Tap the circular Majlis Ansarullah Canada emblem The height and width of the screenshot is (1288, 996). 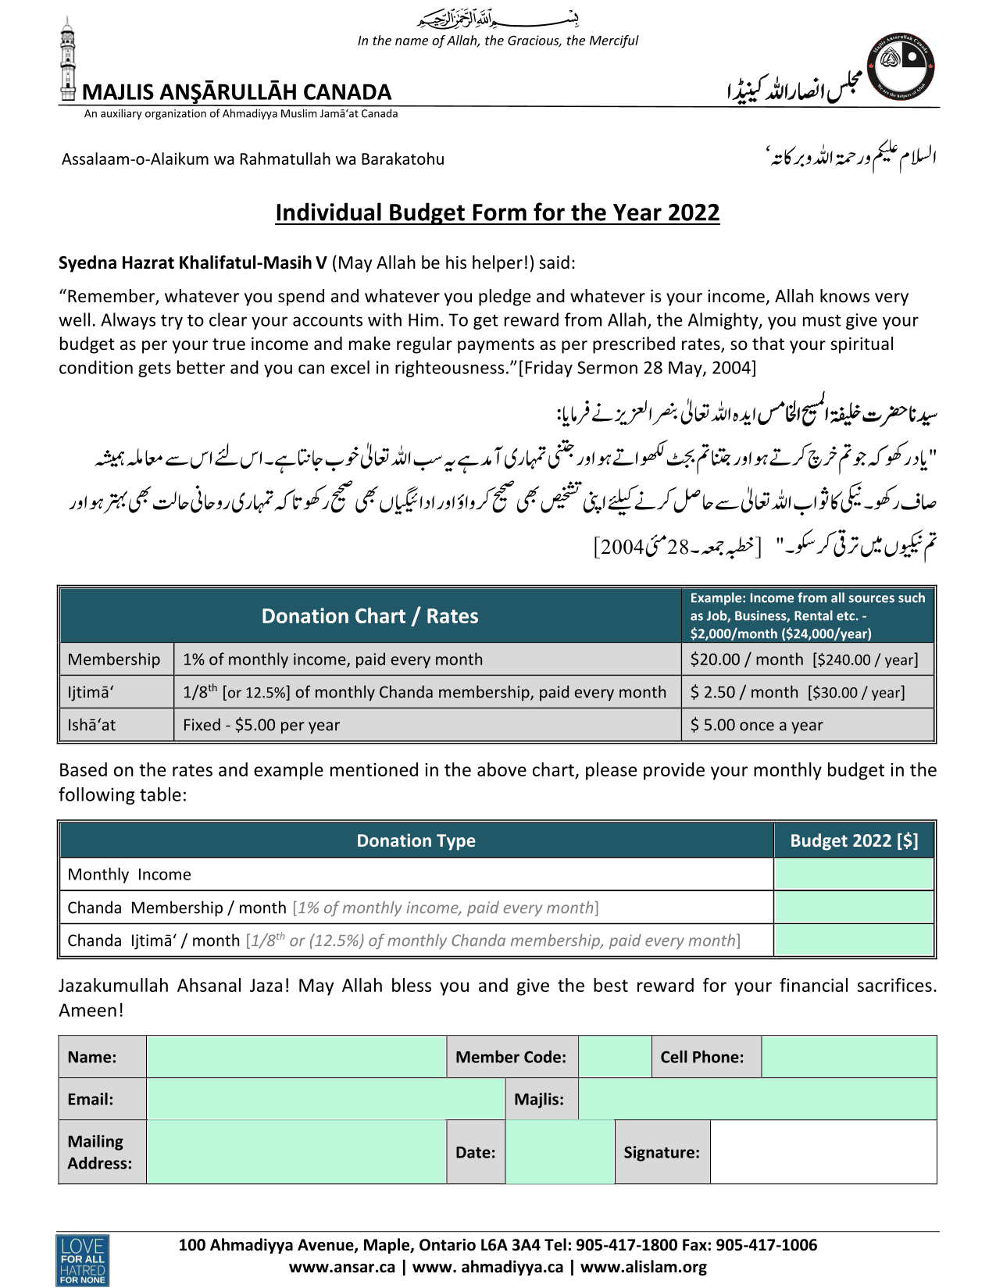point(904,66)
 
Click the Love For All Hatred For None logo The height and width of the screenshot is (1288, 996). point(82,1259)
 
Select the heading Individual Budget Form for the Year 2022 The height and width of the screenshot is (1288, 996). point(497,212)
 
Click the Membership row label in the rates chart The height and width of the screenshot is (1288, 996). point(114,659)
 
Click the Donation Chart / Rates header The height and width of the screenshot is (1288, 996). point(369,616)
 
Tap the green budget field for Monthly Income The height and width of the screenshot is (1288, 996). point(854,874)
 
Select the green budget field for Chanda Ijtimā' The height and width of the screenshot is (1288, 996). point(854,940)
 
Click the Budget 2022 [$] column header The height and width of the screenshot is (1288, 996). point(854,840)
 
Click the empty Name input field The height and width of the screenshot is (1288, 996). point(296,1057)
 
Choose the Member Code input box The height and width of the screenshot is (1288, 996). point(615,1057)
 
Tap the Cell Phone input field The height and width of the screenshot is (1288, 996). point(848,1057)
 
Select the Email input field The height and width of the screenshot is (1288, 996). point(325,1099)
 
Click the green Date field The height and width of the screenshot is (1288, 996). point(560,1152)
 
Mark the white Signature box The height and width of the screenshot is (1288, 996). point(823,1152)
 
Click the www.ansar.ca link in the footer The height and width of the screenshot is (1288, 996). point(342,1267)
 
